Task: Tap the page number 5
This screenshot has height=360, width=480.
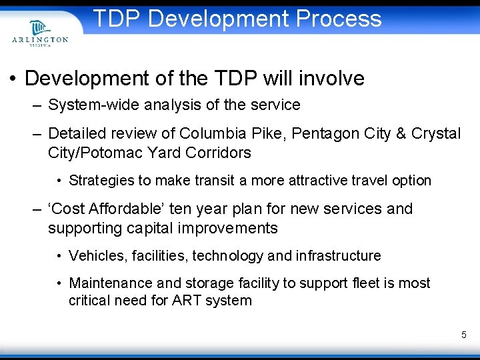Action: (x=463, y=335)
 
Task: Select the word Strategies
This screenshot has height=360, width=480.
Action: (x=101, y=181)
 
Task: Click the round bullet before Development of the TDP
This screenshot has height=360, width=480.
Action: (x=13, y=79)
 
